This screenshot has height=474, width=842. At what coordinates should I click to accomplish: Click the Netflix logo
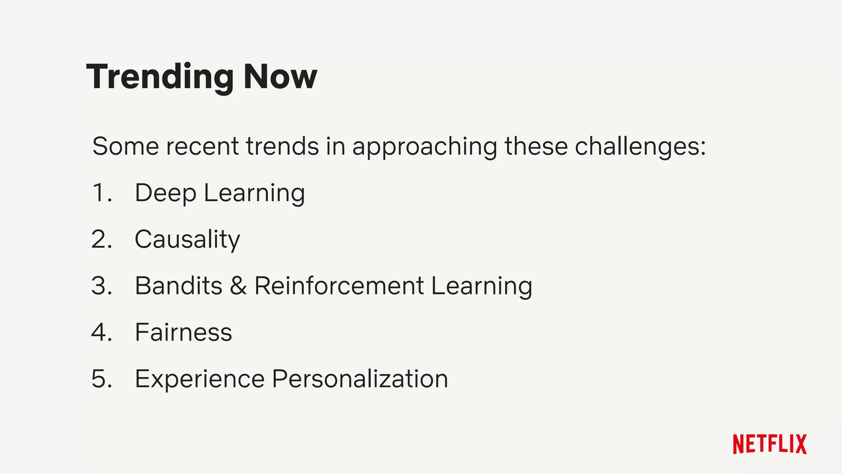(770, 444)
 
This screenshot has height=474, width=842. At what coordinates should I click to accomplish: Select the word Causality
(187, 239)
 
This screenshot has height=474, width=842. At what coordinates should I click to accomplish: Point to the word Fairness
(183, 332)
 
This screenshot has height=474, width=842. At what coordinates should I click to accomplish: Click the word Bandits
(178, 286)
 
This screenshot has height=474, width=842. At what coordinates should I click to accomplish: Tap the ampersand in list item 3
(238, 286)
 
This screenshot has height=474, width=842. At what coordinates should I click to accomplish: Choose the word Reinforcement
(339, 286)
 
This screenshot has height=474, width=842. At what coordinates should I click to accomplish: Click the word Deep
(165, 193)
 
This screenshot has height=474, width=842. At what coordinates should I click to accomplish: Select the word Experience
(200, 379)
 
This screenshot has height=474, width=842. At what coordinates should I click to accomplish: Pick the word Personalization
(360, 379)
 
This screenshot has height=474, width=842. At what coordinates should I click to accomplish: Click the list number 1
(101, 193)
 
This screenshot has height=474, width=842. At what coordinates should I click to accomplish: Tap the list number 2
(102, 239)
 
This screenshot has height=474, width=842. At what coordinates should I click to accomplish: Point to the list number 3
(102, 286)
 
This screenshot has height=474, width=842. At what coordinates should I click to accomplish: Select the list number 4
(102, 332)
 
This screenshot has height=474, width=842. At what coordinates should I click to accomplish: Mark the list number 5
(102, 379)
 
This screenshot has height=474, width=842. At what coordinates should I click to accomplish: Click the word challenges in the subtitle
(640, 146)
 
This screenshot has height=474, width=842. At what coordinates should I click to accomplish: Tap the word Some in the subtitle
(125, 146)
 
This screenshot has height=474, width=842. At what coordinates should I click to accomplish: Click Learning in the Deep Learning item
(254, 193)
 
